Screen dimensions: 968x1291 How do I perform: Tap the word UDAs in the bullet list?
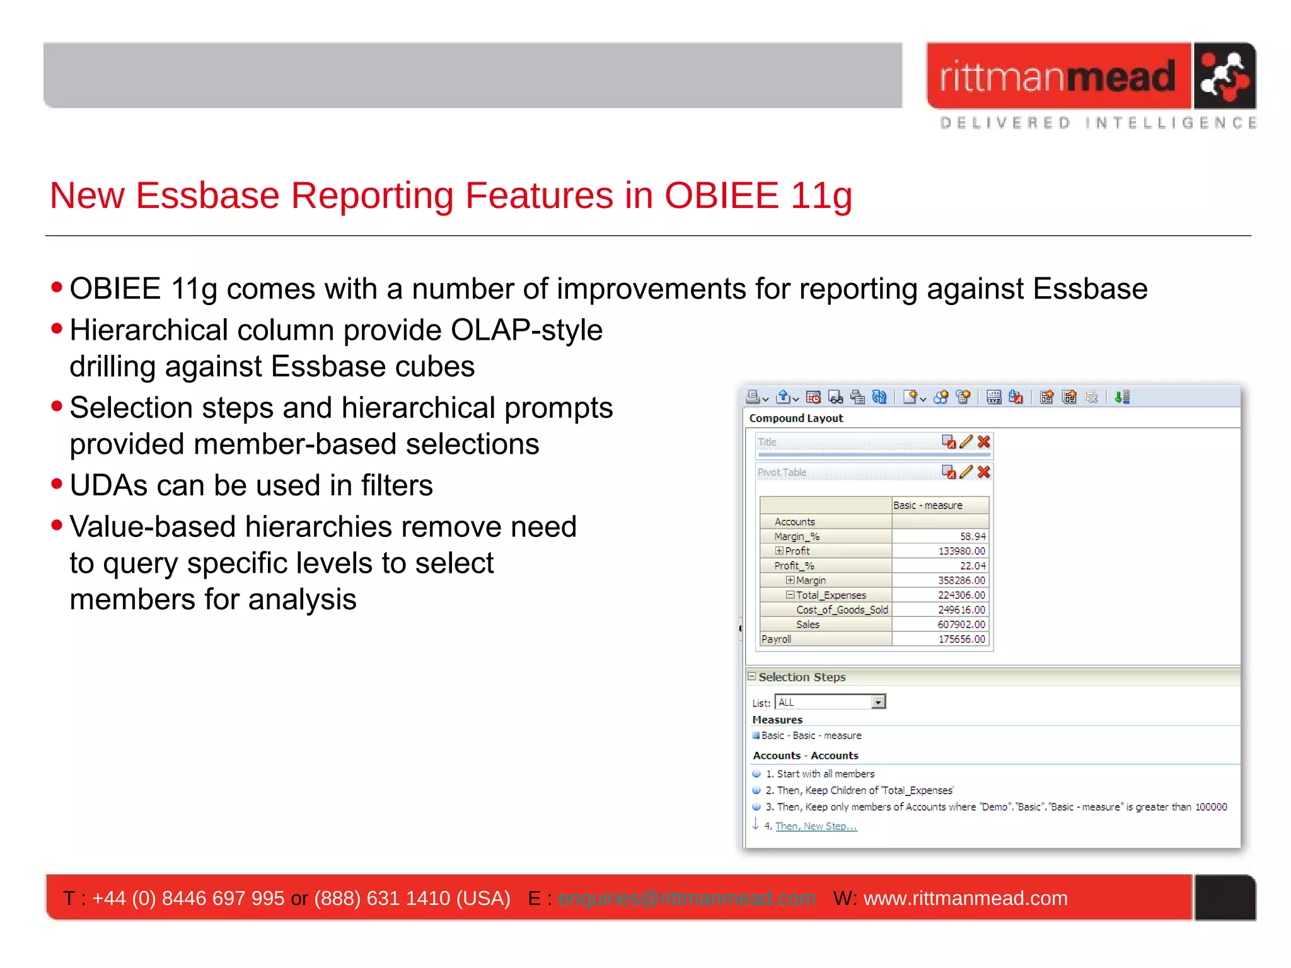tap(105, 485)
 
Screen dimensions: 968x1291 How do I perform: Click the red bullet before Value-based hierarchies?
tap(57, 524)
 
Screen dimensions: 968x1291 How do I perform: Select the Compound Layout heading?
tap(796, 418)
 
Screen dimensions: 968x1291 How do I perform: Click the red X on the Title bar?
tap(983, 442)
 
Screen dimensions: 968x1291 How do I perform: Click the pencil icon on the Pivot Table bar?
tap(966, 472)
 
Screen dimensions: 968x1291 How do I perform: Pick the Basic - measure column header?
tap(927, 505)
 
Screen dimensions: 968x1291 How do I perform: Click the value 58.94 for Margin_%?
tap(972, 536)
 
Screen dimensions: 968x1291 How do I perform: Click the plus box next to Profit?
tap(779, 551)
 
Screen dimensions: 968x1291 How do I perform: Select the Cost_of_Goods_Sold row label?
tap(842, 609)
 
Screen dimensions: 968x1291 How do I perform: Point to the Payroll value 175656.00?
tap(961, 639)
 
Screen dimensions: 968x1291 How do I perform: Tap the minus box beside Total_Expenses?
tap(789, 595)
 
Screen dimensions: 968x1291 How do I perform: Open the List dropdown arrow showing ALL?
tap(878, 702)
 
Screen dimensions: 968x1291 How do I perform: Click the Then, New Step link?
tap(816, 826)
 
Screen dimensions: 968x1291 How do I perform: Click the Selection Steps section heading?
tap(802, 677)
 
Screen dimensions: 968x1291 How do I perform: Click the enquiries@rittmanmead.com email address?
tap(686, 898)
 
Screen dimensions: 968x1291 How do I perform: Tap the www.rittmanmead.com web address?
tap(965, 898)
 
